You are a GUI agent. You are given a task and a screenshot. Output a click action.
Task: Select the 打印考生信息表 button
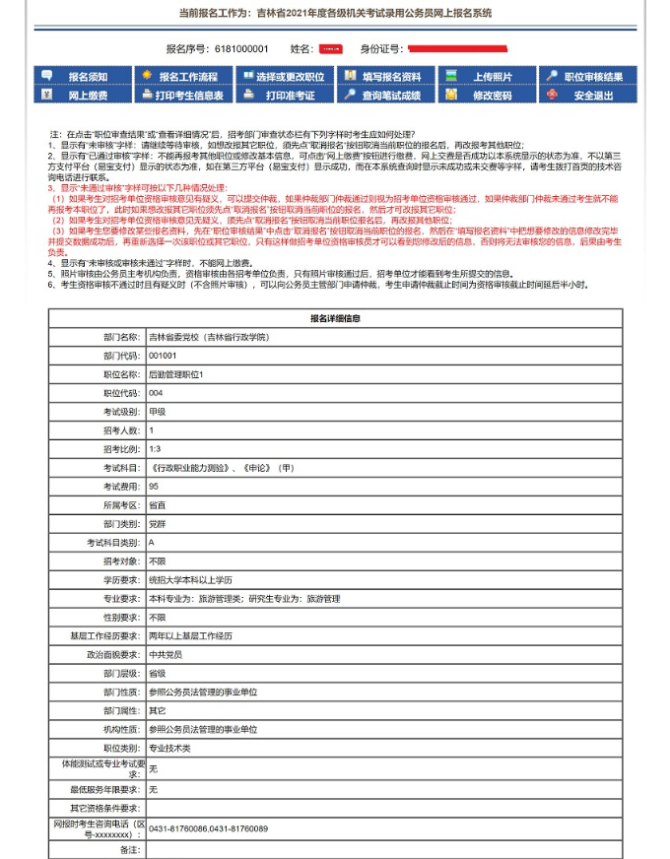click(x=189, y=96)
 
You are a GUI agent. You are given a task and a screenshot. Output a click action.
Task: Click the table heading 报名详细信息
click(x=335, y=318)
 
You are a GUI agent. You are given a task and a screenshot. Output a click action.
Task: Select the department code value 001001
click(x=163, y=356)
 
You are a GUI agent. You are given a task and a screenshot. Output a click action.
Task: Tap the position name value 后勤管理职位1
click(x=175, y=374)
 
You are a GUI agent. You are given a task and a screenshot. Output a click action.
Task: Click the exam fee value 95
click(x=154, y=487)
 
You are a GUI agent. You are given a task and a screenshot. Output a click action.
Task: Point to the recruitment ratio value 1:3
click(x=156, y=449)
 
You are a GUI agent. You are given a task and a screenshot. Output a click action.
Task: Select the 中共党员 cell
click(x=165, y=654)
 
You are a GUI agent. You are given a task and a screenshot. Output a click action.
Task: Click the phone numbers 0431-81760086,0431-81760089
click(x=208, y=828)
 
